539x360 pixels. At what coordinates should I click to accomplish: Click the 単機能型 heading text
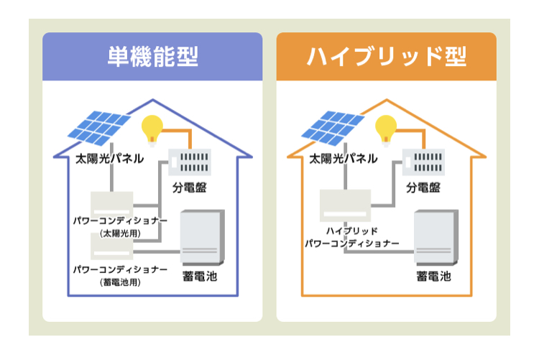coord(153,57)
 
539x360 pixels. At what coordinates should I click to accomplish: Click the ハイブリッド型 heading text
coord(387,57)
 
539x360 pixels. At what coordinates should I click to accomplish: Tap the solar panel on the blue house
coord(99,128)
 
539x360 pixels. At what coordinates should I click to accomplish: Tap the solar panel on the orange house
coord(333,128)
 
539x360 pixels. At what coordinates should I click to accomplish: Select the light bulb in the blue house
coord(152,130)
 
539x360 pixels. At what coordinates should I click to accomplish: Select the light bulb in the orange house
coord(386,130)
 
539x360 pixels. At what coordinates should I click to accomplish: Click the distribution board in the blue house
coord(190,162)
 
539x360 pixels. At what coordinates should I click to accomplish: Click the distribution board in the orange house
coord(423,162)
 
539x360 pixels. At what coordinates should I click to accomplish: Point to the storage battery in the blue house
coord(203,237)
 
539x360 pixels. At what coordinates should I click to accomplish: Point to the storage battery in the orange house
coord(436,237)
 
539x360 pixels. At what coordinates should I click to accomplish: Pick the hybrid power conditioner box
coord(345,206)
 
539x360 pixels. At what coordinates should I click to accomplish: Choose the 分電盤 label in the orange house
coord(423,188)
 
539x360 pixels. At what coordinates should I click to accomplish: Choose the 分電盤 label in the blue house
coord(190,188)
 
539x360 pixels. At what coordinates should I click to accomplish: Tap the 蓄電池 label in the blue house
coord(200,276)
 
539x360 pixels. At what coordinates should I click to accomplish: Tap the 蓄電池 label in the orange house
coord(433,276)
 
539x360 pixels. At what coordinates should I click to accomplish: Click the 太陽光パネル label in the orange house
coord(343,159)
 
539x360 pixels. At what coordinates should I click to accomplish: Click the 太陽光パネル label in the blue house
coord(109,159)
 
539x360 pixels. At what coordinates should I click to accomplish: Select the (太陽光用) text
coord(120,234)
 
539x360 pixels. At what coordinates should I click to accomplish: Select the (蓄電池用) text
coord(120,282)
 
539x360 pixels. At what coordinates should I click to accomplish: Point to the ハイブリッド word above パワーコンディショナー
coord(351,231)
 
